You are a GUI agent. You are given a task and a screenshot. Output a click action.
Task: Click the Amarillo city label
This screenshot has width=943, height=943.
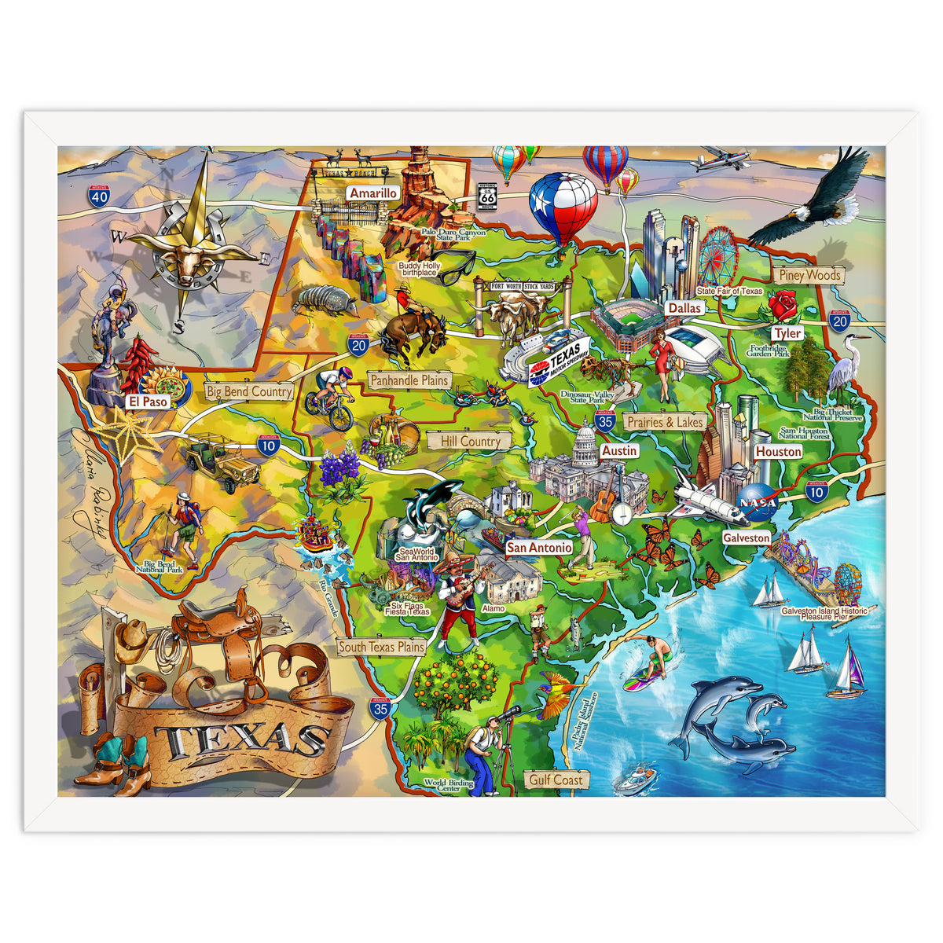coord(374,193)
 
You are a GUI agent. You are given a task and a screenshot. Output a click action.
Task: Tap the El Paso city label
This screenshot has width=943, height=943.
coord(148,402)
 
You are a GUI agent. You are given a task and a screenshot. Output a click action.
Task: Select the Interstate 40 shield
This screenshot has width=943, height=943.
coord(99,196)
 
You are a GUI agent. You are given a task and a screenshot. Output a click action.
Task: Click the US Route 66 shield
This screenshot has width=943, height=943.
coord(488,196)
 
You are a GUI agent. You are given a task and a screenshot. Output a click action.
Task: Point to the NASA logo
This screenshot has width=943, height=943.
coord(758,503)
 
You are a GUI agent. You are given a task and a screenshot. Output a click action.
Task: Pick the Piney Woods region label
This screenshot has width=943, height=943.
coord(809,275)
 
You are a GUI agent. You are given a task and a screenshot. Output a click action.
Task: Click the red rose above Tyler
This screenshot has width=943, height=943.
coord(783,305)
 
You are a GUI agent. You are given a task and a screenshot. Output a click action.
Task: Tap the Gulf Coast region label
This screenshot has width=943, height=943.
coord(556,780)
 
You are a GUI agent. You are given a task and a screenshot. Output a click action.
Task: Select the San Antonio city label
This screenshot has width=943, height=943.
coord(538,547)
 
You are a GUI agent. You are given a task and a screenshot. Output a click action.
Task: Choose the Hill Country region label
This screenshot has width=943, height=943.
coord(470,442)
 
